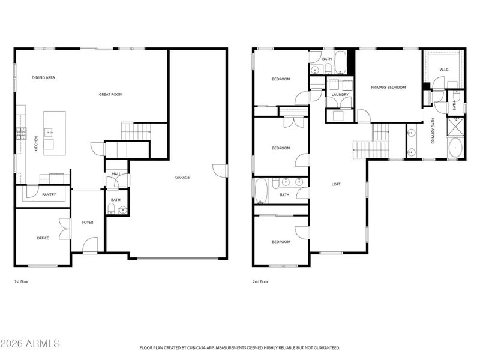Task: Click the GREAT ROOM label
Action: (111, 94)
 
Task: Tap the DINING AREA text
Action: (43, 77)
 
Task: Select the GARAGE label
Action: (182, 177)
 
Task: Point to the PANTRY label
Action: (49, 194)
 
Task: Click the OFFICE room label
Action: (43, 238)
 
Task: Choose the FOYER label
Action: (88, 223)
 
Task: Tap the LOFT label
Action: (336, 184)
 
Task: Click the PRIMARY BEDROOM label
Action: (388, 88)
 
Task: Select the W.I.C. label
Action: (444, 70)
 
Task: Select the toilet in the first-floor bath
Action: (112, 209)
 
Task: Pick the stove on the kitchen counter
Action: (22, 133)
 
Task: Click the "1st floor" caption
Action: (21, 281)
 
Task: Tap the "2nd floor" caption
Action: (260, 281)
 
